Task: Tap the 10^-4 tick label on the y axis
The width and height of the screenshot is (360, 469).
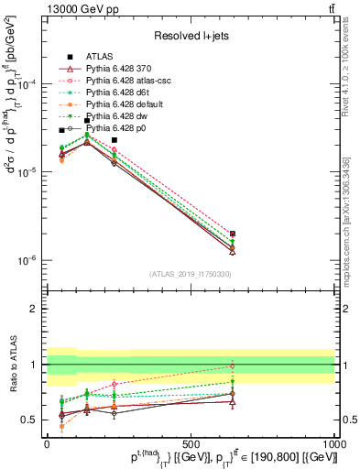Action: (27, 84)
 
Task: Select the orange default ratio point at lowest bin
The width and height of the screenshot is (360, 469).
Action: (61, 427)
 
